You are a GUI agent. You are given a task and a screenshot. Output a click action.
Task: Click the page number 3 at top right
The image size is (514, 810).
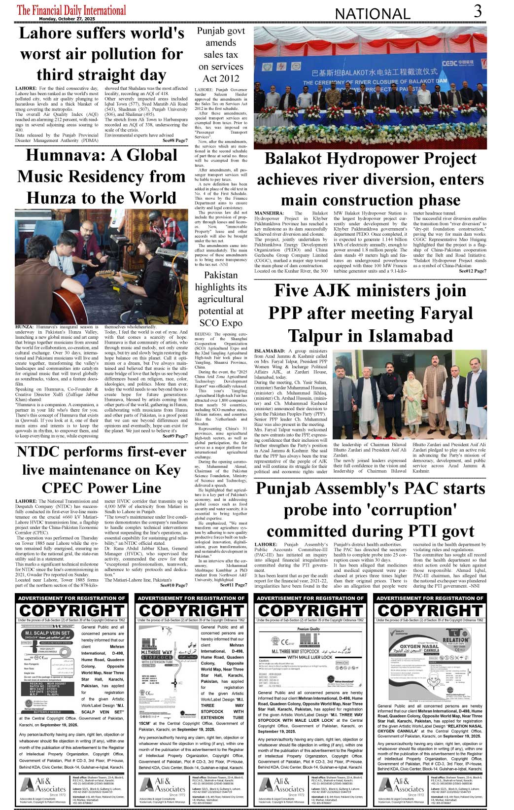[x=478, y=11]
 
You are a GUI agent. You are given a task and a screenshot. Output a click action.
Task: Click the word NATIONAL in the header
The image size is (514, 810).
[x=372, y=14]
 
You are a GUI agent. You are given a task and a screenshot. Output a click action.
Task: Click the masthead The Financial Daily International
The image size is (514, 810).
[x=71, y=9]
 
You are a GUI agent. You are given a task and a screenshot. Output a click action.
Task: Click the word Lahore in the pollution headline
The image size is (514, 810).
[x=45, y=33]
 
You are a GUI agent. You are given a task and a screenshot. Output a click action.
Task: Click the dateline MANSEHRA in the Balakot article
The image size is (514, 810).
[x=270, y=213]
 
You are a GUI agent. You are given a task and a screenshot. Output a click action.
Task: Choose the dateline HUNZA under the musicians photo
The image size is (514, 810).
[x=24, y=327]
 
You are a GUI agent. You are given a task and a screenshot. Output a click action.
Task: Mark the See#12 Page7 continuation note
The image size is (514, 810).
[x=472, y=271]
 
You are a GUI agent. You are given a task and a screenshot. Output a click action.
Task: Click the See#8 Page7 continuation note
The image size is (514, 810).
[x=174, y=141]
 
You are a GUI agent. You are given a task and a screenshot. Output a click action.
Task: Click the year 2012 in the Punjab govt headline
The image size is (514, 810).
[x=228, y=78]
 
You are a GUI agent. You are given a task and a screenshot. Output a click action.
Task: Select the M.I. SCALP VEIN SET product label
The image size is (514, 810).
[x=47, y=633]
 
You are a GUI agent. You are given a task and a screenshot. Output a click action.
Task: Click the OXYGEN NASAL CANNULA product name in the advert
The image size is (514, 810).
[x=418, y=647]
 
